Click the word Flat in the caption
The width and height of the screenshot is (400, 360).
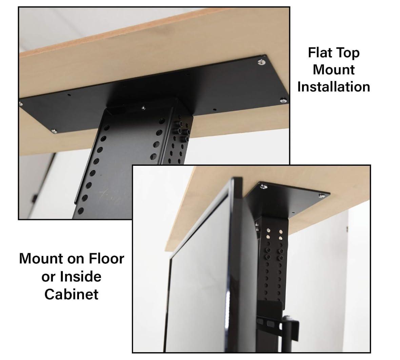(x=320, y=53)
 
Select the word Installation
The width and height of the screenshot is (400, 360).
(x=334, y=87)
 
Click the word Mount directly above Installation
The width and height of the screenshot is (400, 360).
(x=334, y=69)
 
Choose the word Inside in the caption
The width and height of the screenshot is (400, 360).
(x=80, y=276)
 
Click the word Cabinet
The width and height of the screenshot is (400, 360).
(x=71, y=294)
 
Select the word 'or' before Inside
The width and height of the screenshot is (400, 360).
(x=48, y=277)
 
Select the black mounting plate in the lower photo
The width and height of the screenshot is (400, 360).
(x=288, y=200)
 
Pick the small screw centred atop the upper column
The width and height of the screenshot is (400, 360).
(x=144, y=108)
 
